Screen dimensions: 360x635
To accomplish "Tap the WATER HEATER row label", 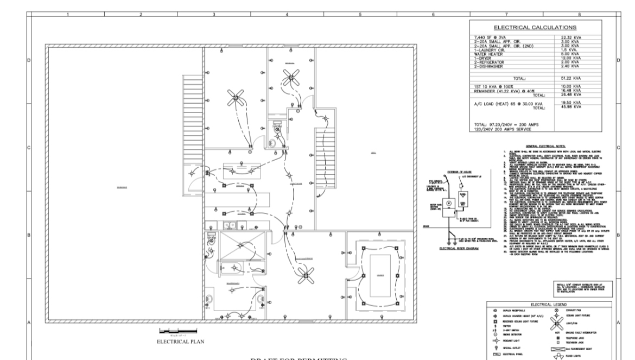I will tap(486, 54).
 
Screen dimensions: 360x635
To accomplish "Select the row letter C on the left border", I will tap(28, 147).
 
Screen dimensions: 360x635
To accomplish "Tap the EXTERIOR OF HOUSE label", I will tap(444, 172).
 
